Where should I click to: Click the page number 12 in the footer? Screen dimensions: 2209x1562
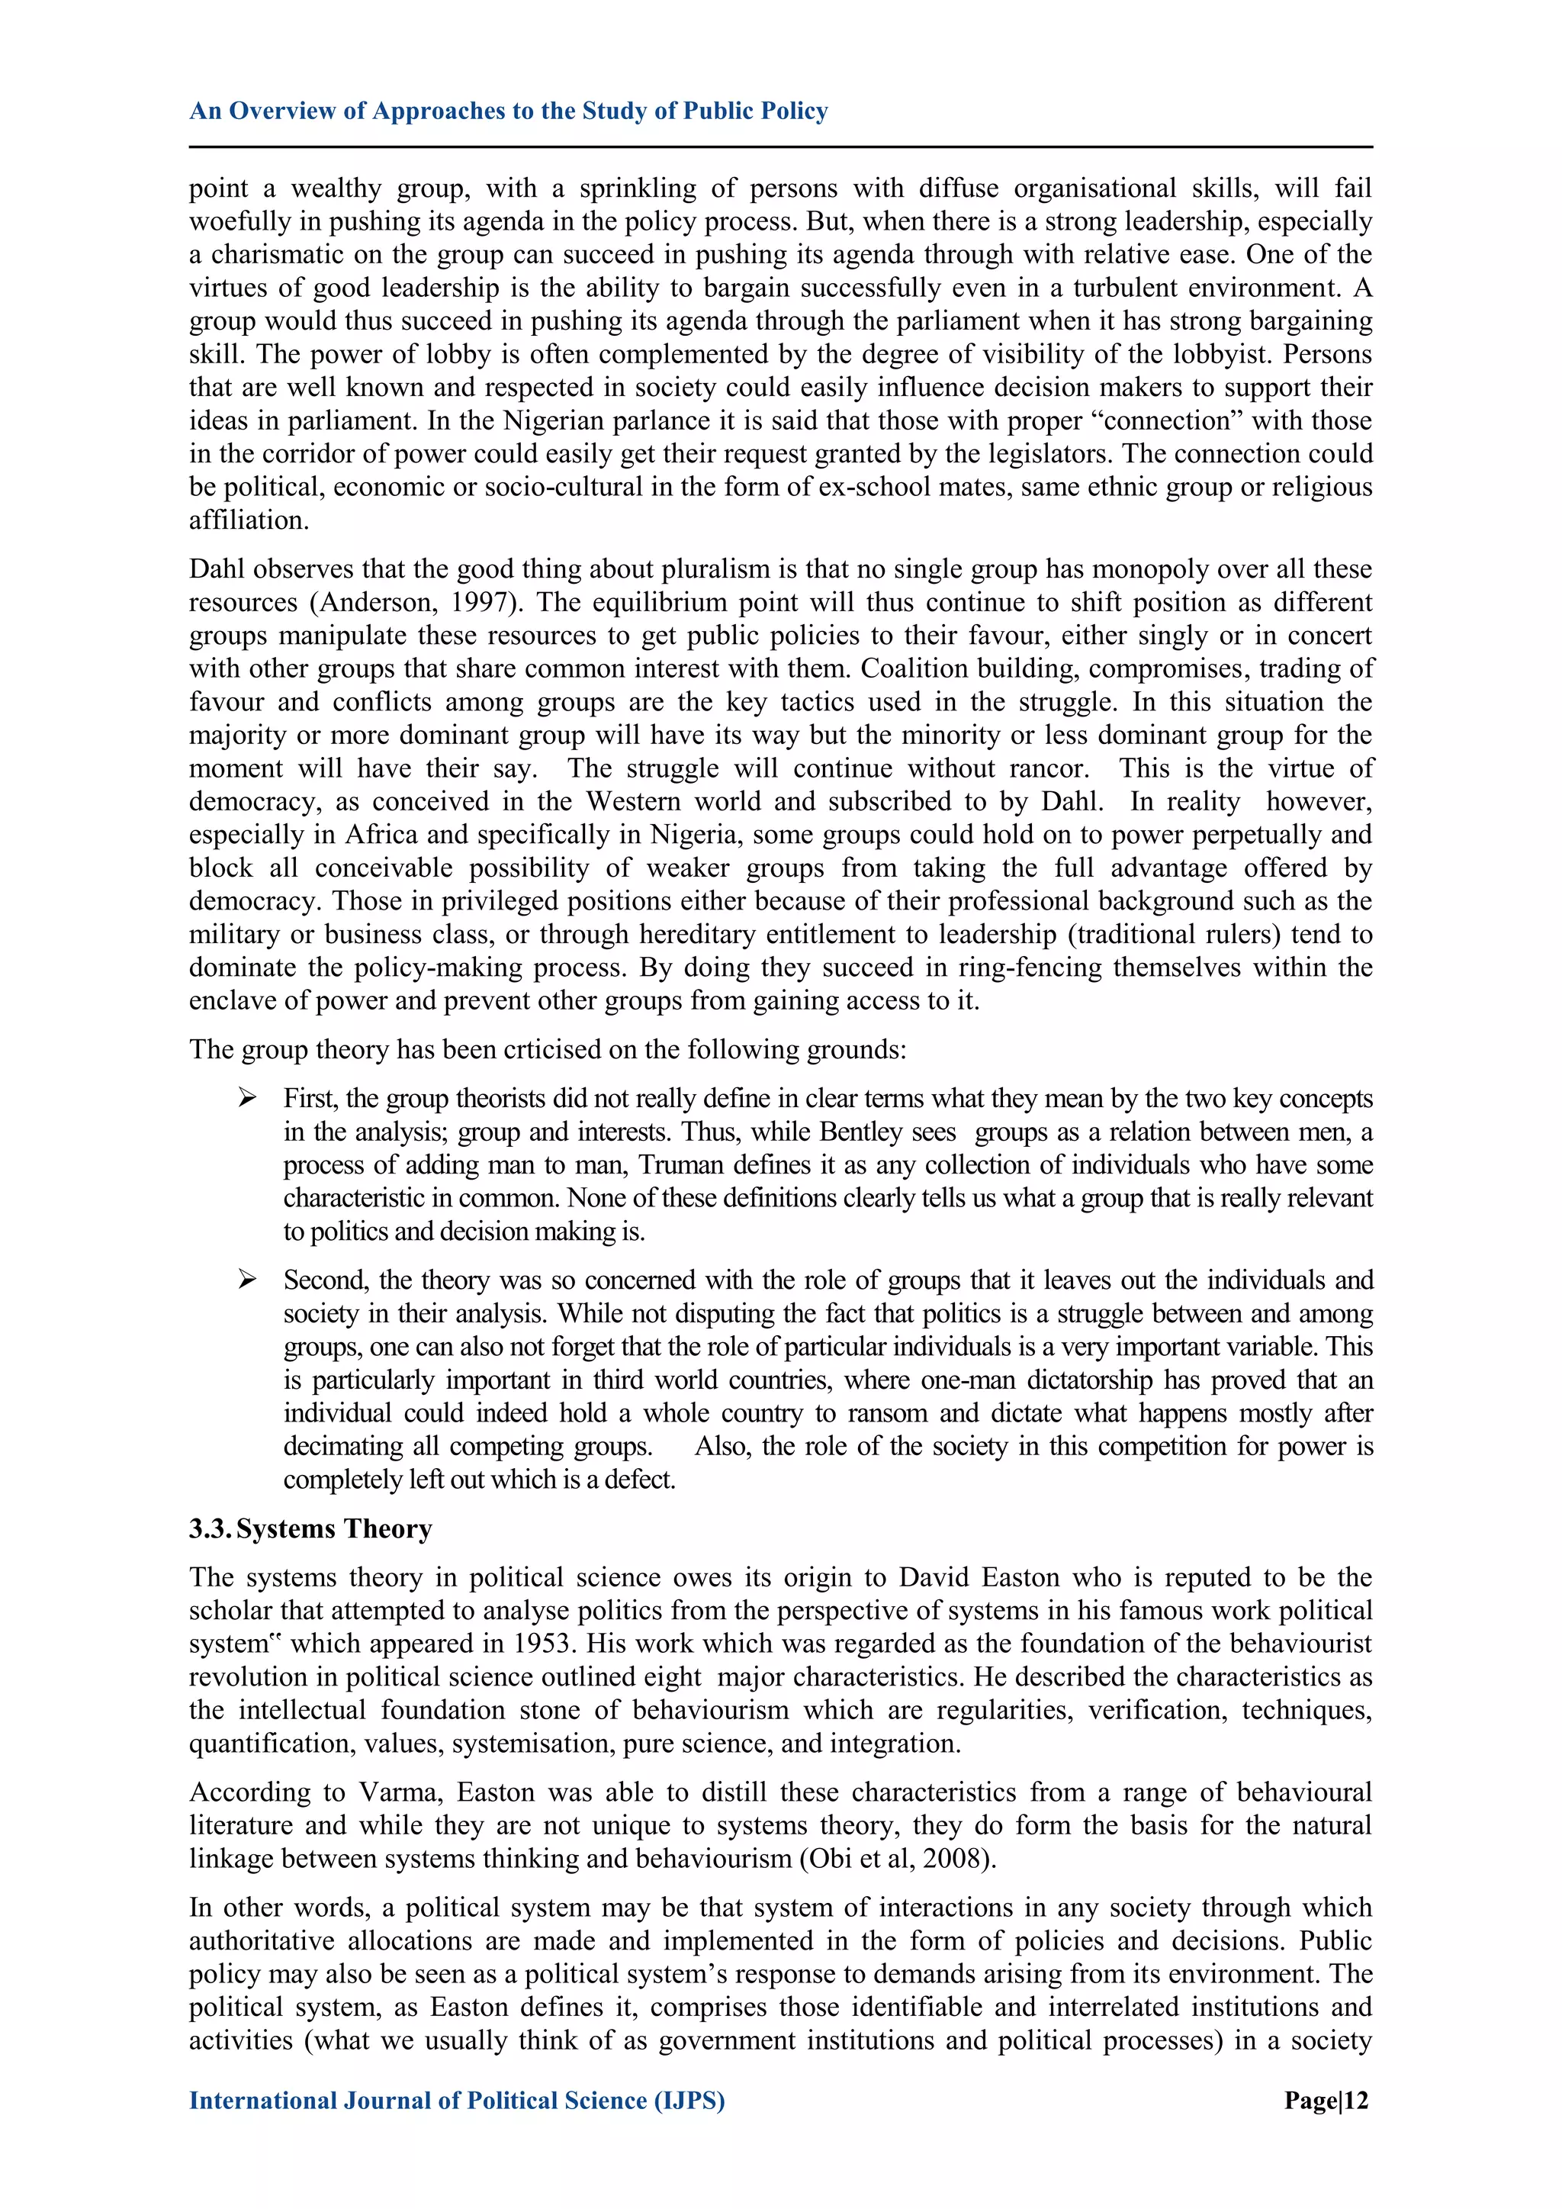(x=1355, y=2101)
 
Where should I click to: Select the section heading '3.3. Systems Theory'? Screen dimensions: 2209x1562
(x=310, y=1529)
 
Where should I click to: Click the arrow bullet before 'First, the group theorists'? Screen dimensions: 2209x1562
(x=247, y=1098)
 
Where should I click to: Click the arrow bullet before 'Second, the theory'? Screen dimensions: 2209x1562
(x=247, y=1280)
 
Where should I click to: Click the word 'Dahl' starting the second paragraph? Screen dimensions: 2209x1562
(x=217, y=568)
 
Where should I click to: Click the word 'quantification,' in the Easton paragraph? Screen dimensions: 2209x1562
(x=247, y=1744)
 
